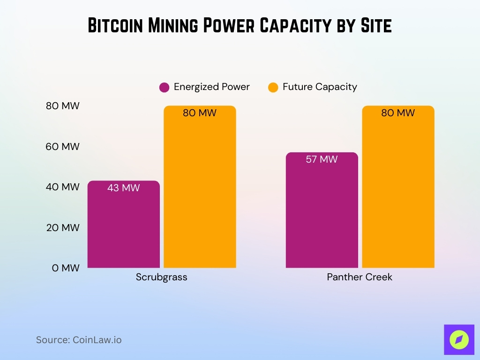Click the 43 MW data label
coord(124,188)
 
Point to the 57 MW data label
coord(322,159)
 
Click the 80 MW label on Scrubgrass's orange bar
coord(200,113)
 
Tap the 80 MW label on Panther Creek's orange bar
coord(398,113)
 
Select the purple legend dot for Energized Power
coord(164,87)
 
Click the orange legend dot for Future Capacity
coord(273,87)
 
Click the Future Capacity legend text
coord(320,87)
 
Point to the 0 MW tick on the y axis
coord(63,268)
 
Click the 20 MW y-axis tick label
coord(63,227)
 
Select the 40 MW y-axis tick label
coord(63,187)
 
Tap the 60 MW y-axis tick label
coord(63,147)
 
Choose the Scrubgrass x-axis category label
coord(161,277)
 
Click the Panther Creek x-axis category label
coord(360,277)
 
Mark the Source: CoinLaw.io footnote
coord(79,340)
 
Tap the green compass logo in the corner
coord(459,339)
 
